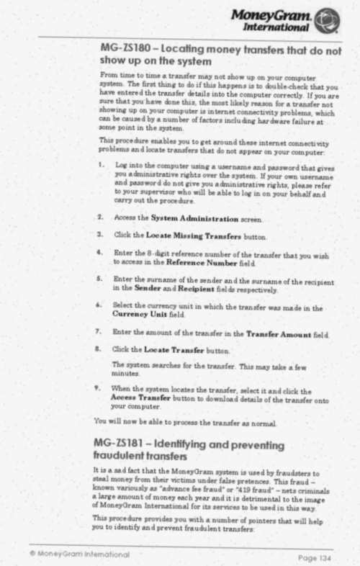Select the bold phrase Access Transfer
tap(142, 397)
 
